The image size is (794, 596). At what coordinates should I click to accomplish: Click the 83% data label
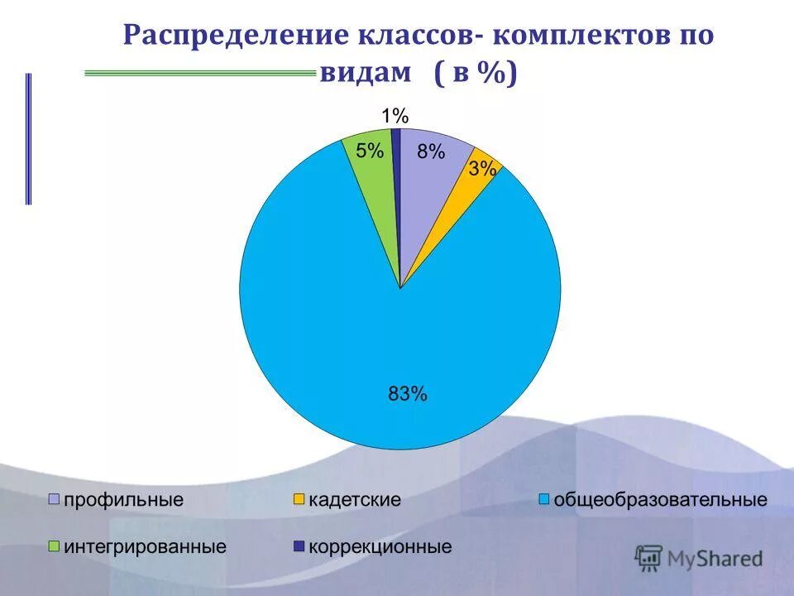click(x=408, y=394)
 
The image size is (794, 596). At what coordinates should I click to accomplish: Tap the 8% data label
click(x=431, y=151)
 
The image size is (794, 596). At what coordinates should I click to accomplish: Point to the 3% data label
click(x=482, y=169)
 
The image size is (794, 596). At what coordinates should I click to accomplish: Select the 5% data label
click(x=370, y=151)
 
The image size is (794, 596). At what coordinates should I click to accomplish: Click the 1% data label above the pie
click(x=395, y=116)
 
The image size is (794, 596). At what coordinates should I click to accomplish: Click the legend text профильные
click(x=123, y=500)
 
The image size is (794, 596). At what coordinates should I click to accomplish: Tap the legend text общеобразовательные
click(x=660, y=500)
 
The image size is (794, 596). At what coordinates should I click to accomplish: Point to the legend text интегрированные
click(x=146, y=547)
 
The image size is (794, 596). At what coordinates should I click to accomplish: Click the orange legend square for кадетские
click(x=299, y=499)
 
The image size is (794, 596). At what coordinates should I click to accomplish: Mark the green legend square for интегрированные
click(x=55, y=546)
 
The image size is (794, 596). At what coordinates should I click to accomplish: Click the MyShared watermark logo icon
click(x=649, y=558)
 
